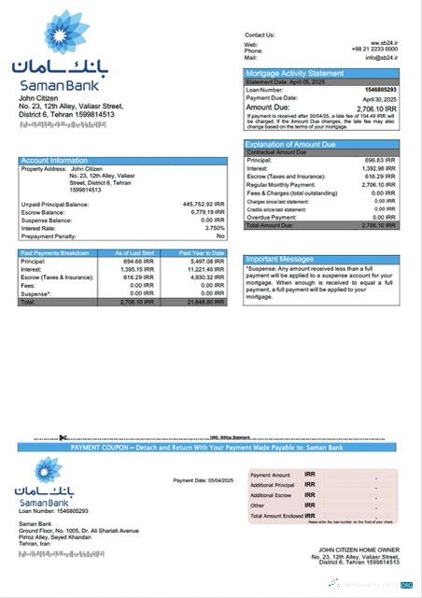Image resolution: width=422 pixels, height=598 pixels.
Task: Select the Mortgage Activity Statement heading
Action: pyautogui.click(x=294, y=73)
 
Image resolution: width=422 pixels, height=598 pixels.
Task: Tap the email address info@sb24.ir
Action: pyautogui.click(x=381, y=58)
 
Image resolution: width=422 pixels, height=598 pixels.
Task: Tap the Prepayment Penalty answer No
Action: pyautogui.click(x=220, y=235)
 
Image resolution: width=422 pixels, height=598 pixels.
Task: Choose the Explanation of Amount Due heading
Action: pyautogui.click(x=289, y=145)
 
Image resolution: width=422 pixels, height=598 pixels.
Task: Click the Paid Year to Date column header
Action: pyautogui.click(x=202, y=253)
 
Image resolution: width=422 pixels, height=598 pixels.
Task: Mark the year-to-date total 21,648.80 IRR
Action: pyautogui.click(x=205, y=303)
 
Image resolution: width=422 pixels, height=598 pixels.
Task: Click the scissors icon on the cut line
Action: pyautogui.click(x=62, y=437)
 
